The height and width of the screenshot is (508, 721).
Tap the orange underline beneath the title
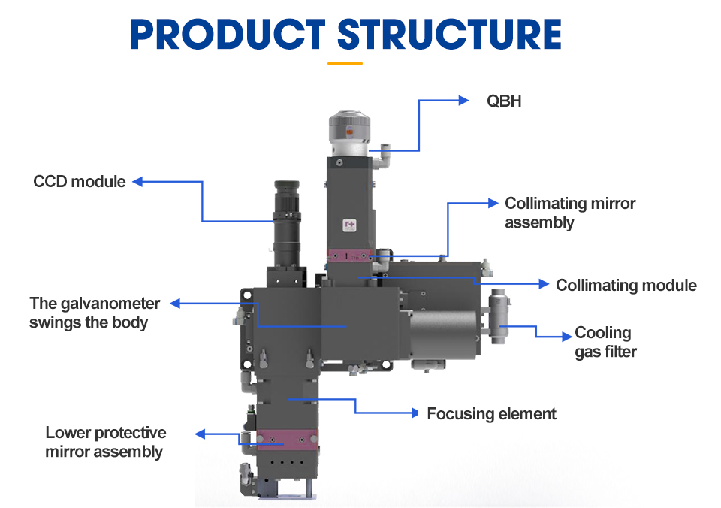(x=345, y=63)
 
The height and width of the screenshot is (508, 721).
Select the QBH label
(x=504, y=101)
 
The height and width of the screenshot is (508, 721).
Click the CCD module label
(x=80, y=181)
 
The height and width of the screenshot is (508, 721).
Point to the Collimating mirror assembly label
(x=570, y=213)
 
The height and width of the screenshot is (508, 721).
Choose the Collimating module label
(x=626, y=285)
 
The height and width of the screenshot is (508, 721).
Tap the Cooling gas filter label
(x=605, y=342)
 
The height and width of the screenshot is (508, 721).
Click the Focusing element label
(x=492, y=413)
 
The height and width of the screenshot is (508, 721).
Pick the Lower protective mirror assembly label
(x=105, y=442)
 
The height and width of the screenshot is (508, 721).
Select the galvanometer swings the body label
(x=95, y=313)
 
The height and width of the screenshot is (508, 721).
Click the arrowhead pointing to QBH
(x=463, y=99)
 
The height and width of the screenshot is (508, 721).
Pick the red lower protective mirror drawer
(x=285, y=437)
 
